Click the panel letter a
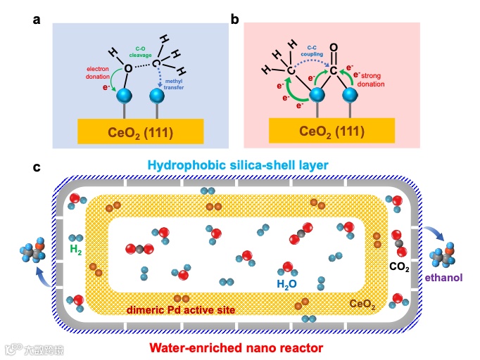tap(36, 20)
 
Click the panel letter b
tap(234, 20)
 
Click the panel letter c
tap(36, 167)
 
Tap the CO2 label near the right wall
tap(399, 266)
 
